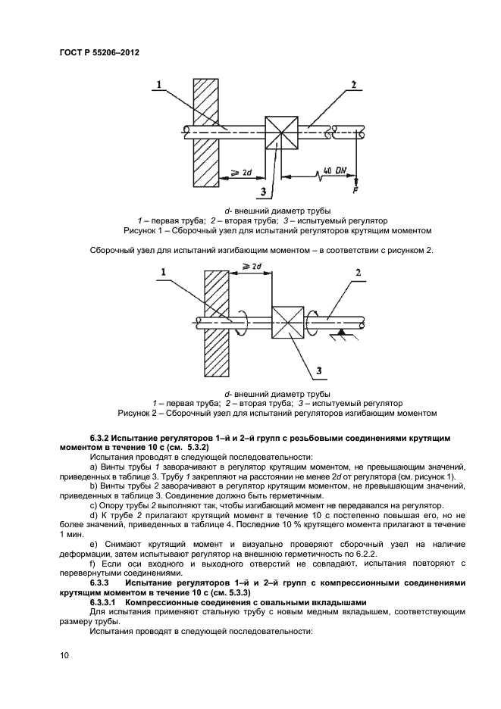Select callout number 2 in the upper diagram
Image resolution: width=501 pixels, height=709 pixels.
pyautogui.click(x=353, y=86)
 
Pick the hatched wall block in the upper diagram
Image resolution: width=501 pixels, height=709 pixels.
pyautogui.click(x=205, y=132)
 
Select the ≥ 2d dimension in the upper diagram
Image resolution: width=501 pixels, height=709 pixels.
pyautogui.click(x=242, y=173)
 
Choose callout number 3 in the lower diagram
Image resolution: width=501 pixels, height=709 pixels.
pyautogui.click(x=320, y=370)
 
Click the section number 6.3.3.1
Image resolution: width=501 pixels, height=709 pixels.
pyautogui.click(x=108, y=601)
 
